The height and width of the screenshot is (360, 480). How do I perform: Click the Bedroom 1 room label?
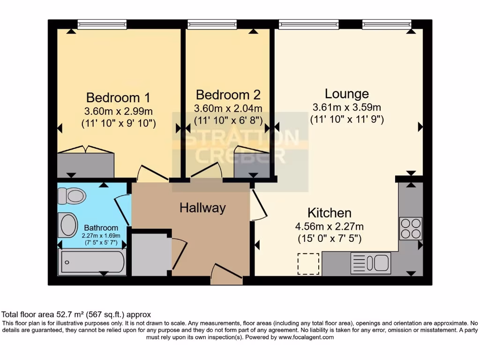118,97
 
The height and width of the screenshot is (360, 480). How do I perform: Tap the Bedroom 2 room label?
228,95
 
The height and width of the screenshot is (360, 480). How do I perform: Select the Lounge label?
347,94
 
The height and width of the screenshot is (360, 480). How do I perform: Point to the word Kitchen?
329,213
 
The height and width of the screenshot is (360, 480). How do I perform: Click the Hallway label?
202,208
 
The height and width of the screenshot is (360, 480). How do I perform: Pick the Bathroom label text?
101,228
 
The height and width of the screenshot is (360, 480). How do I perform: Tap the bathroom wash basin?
68,225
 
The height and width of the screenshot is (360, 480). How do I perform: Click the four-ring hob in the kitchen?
411,228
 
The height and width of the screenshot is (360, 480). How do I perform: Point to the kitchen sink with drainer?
370,263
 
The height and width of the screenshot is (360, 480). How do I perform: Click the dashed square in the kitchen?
308,264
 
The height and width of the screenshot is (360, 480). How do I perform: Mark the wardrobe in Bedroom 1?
85,164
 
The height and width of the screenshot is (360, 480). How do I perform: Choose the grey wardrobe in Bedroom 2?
251,162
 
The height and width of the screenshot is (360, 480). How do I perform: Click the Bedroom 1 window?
102,24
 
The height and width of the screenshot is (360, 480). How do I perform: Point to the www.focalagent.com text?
306,337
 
